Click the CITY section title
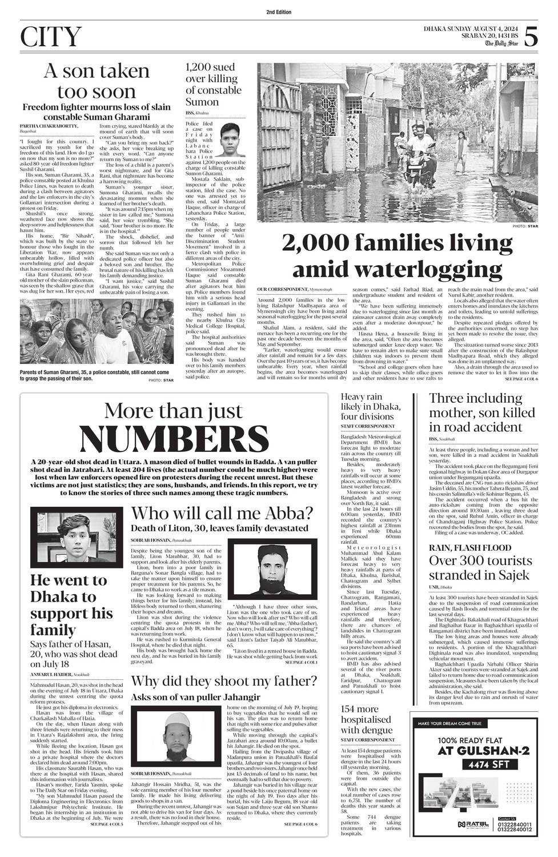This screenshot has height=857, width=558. coord(50,37)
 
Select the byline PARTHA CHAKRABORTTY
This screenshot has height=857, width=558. coord(50,125)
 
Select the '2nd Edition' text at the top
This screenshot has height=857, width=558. coord(279,12)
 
